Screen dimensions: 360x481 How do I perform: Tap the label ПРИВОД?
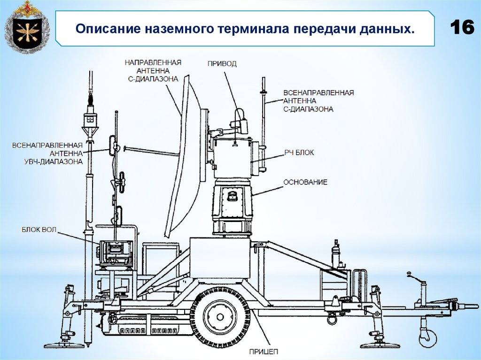click(x=222, y=63)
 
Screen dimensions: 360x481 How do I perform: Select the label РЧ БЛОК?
click(x=299, y=153)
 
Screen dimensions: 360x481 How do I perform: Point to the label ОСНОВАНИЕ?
click(x=305, y=182)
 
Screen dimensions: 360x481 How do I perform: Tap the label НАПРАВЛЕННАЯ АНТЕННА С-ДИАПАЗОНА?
click(x=153, y=70)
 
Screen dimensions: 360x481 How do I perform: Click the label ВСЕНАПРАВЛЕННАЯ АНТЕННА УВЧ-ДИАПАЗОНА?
click(x=47, y=153)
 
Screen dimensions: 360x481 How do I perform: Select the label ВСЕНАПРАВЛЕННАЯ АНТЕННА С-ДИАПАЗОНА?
click(x=318, y=101)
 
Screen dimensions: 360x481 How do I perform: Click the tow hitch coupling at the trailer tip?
click(x=463, y=305)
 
